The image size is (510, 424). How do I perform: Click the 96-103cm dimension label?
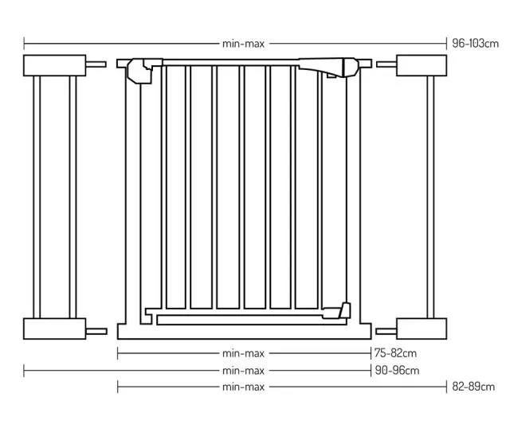point(475,44)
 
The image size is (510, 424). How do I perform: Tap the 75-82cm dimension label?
point(395,353)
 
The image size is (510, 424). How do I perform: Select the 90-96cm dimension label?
point(397,371)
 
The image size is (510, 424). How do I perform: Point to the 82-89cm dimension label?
point(473,387)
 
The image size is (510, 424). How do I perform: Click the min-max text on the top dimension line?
point(243,44)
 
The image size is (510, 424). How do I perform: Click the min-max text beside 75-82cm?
point(243,353)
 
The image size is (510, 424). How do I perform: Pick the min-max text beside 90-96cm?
point(243,371)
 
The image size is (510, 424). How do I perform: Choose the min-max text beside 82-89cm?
point(243,387)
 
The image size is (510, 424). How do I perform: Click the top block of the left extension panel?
point(55,65)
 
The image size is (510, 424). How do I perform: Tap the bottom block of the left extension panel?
point(55,329)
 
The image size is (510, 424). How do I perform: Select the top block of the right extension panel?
point(422,65)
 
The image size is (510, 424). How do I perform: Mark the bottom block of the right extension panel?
point(422,329)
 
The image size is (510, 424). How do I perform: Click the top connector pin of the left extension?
point(96,64)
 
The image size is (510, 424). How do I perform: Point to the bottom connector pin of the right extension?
point(386,332)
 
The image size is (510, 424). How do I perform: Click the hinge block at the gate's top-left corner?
point(140,71)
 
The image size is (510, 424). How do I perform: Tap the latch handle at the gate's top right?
point(328,67)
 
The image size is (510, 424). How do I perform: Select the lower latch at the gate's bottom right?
point(336,311)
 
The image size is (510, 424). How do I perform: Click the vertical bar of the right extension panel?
point(430,197)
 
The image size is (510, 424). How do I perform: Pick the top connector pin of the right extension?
point(386,64)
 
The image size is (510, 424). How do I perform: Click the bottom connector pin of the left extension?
point(96,332)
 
